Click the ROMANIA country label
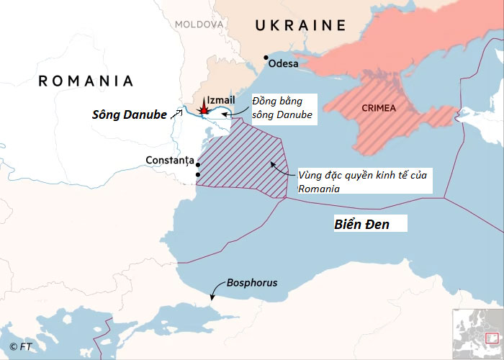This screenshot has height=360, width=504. [x=86, y=81]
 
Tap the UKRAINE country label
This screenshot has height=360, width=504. [x=300, y=26]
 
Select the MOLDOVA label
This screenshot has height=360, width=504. [x=199, y=24]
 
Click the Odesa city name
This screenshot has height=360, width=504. [x=285, y=63]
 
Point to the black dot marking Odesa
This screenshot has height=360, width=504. [x=266, y=58]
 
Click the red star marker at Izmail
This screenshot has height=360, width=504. [x=204, y=109]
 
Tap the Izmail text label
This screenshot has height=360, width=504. [x=220, y=99]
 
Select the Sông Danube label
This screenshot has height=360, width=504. [x=130, y=114]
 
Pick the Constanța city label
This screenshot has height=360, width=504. [x=170, y=159]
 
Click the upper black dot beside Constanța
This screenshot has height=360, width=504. [x=198, y=165]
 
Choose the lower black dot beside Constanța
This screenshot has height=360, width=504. [x=198, y=174]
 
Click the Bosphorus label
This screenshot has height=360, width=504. [x=251, y=283]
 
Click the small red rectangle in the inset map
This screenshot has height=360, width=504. [x=492, y=338]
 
